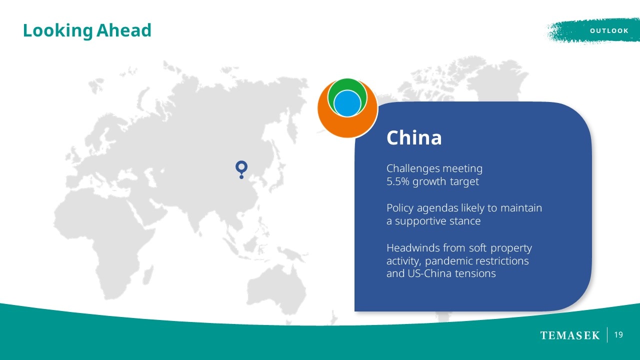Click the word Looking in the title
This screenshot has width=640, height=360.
[x=57, y=31]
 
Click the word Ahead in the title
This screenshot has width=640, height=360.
[x=123, y=30]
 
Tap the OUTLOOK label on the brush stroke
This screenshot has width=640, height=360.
[x=609, y=31]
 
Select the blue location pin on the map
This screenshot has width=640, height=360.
[x=241, y=169]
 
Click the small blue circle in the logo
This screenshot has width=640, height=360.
[x=347, y=103]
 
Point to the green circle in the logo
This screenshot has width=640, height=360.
[x=347, y=84]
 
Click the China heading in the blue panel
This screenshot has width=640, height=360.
[x=414, y=137]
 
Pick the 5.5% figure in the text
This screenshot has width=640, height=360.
[x=397, y=181]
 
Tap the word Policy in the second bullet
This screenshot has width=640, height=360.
[x=399, y=208]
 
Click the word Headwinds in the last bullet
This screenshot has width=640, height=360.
[x=413, y=247]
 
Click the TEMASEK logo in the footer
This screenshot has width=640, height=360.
[x=569, y=335]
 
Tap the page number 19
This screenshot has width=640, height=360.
[x=618, y=335]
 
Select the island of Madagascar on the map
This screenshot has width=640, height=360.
[x=147, y=275]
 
